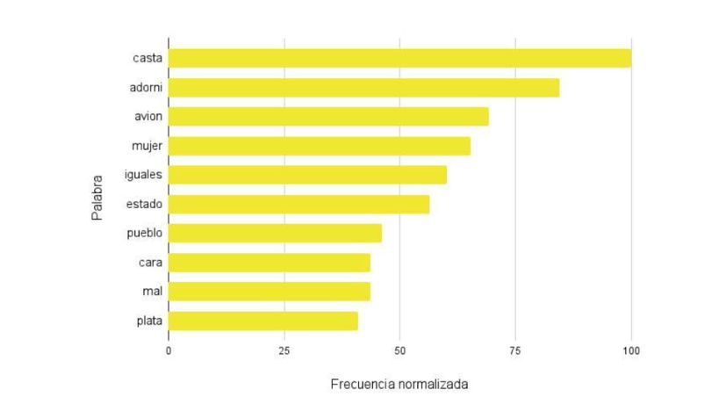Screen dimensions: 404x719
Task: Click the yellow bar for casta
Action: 399,58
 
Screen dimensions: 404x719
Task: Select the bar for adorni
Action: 363,87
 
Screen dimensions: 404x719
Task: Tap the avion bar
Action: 328,116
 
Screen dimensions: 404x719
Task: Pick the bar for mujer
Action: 320,146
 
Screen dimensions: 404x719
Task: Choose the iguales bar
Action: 307,175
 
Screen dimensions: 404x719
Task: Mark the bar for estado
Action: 298,204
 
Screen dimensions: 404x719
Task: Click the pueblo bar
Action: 275,233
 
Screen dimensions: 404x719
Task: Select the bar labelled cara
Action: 270,263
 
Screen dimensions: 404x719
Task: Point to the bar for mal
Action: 270,292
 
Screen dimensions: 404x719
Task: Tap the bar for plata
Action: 263,321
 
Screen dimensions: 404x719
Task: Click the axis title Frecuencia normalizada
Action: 399,385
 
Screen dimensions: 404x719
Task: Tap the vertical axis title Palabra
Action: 97,190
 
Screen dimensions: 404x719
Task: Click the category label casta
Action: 147,58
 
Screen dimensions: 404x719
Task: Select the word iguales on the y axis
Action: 144,175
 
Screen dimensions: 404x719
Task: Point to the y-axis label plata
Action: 149,321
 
